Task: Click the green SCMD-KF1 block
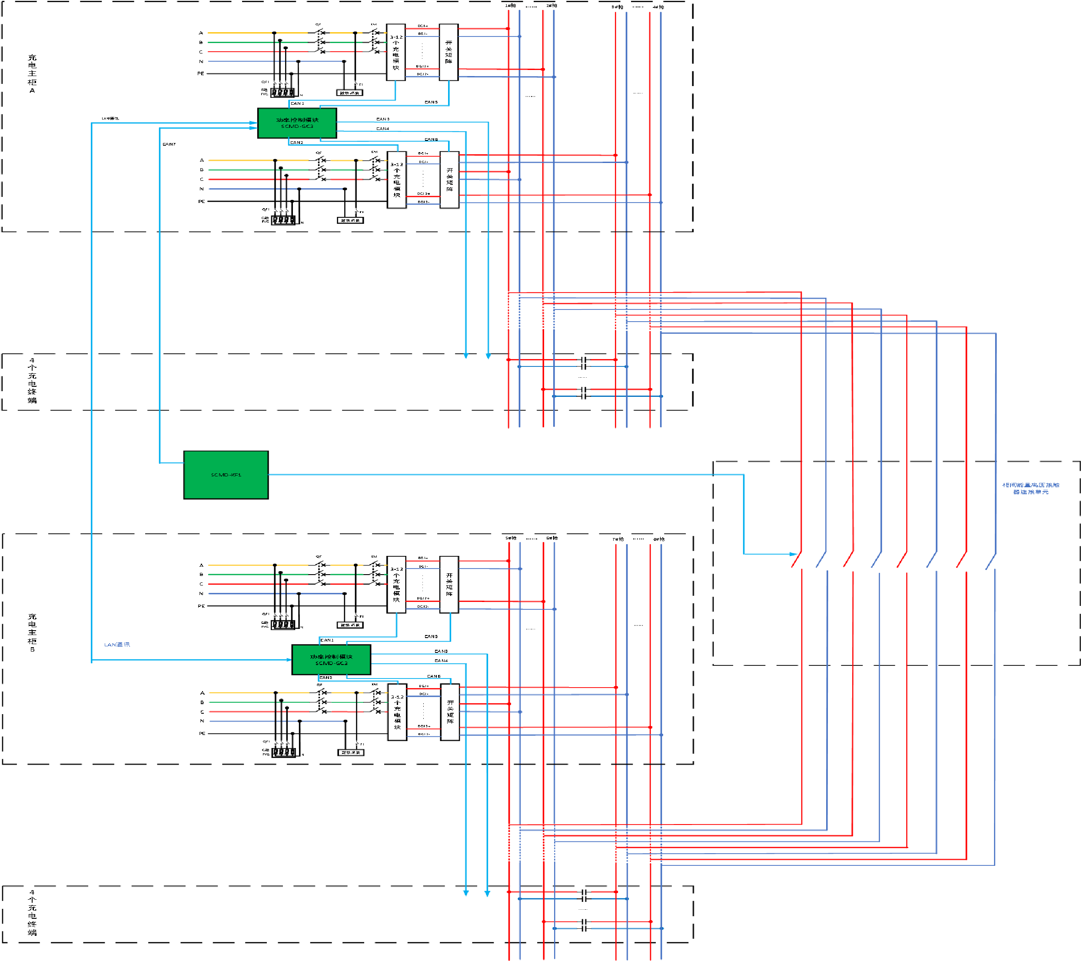226,475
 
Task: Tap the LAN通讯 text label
116,645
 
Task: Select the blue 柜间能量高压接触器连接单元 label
1030,489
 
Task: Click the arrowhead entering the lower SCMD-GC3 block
289,659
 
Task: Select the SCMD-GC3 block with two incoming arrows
297,123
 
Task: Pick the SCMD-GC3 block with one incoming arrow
331,659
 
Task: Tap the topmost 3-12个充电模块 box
396,52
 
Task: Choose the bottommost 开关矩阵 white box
450,712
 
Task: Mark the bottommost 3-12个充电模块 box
397,712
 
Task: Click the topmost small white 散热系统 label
349,93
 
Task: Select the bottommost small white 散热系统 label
351,752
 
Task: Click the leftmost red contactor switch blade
796,561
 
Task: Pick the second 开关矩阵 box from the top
449,180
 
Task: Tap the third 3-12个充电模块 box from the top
396,584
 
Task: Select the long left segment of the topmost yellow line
239,33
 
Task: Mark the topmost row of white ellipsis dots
282,92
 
